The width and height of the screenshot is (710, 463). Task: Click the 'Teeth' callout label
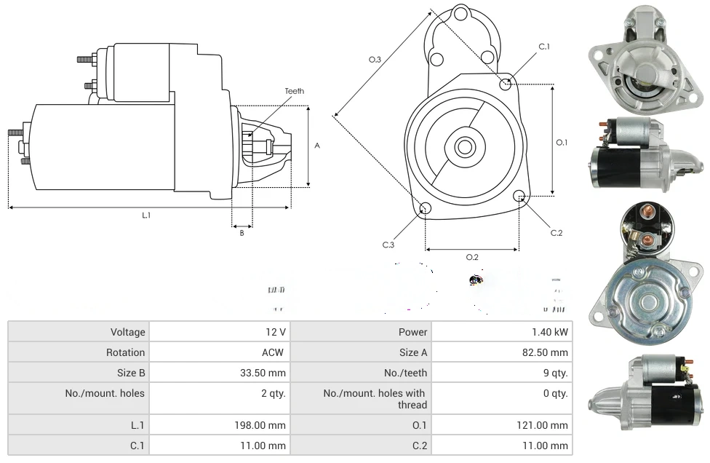(294, 91)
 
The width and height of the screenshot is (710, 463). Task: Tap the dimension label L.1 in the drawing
(146, 215)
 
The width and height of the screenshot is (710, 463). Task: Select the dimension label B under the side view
(242, 233)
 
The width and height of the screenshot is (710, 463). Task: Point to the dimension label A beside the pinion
(316, 146)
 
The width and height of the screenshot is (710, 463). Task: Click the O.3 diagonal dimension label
(375, 60)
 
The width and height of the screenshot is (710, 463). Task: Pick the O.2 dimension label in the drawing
(472, 256)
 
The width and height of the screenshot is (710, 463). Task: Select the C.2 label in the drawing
(557, 233)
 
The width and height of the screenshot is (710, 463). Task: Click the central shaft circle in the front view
(463, 147)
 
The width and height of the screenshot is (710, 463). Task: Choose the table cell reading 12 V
(275, 332)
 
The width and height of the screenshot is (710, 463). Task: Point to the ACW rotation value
(274, 352)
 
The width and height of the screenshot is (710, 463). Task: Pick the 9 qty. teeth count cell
(554, 373)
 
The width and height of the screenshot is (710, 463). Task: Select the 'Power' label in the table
(412, 332)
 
